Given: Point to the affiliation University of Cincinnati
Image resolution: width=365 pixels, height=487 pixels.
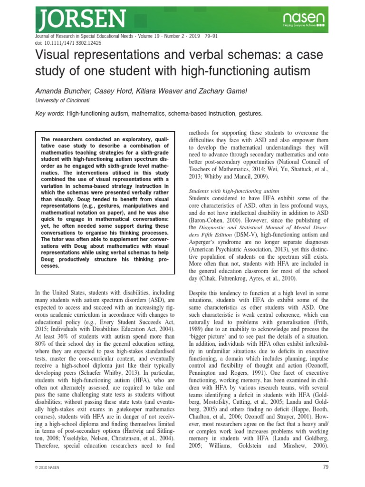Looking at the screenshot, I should (63, 101).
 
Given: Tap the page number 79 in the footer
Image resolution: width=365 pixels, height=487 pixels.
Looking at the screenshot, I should (325, 468).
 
